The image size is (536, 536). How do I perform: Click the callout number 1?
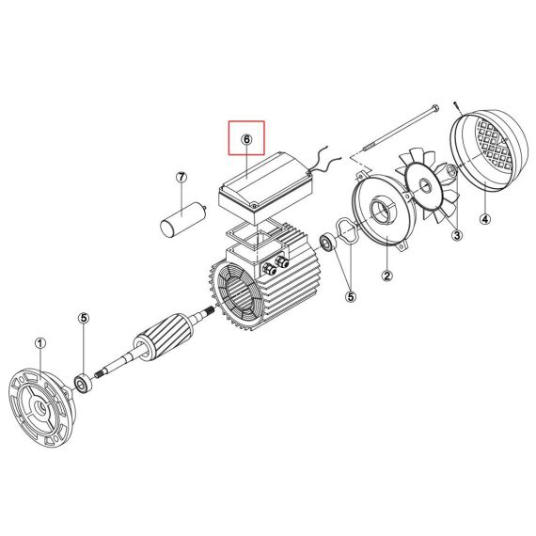click(x=40, y=343)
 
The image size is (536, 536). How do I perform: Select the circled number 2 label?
click(x=387, y=276)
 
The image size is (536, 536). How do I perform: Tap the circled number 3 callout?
click(x=457, y=235)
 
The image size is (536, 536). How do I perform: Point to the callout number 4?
click(x=485, y=219)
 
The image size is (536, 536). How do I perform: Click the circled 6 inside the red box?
click(x=246, y=139)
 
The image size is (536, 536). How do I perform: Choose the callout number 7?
click(x=181, y=178)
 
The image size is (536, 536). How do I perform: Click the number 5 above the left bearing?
click(x=84, y=318)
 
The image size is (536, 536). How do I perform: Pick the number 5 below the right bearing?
click(x=351, y=296)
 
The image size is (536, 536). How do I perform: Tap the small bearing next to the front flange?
click(x=84, y=384)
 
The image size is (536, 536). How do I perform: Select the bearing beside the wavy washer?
click(x=328, y=243)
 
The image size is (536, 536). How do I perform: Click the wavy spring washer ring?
click(x=347, y=232)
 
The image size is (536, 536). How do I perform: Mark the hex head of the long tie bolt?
click(x=434, y=108)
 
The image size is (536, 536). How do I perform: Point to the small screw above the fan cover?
click(x=457, y=108)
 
